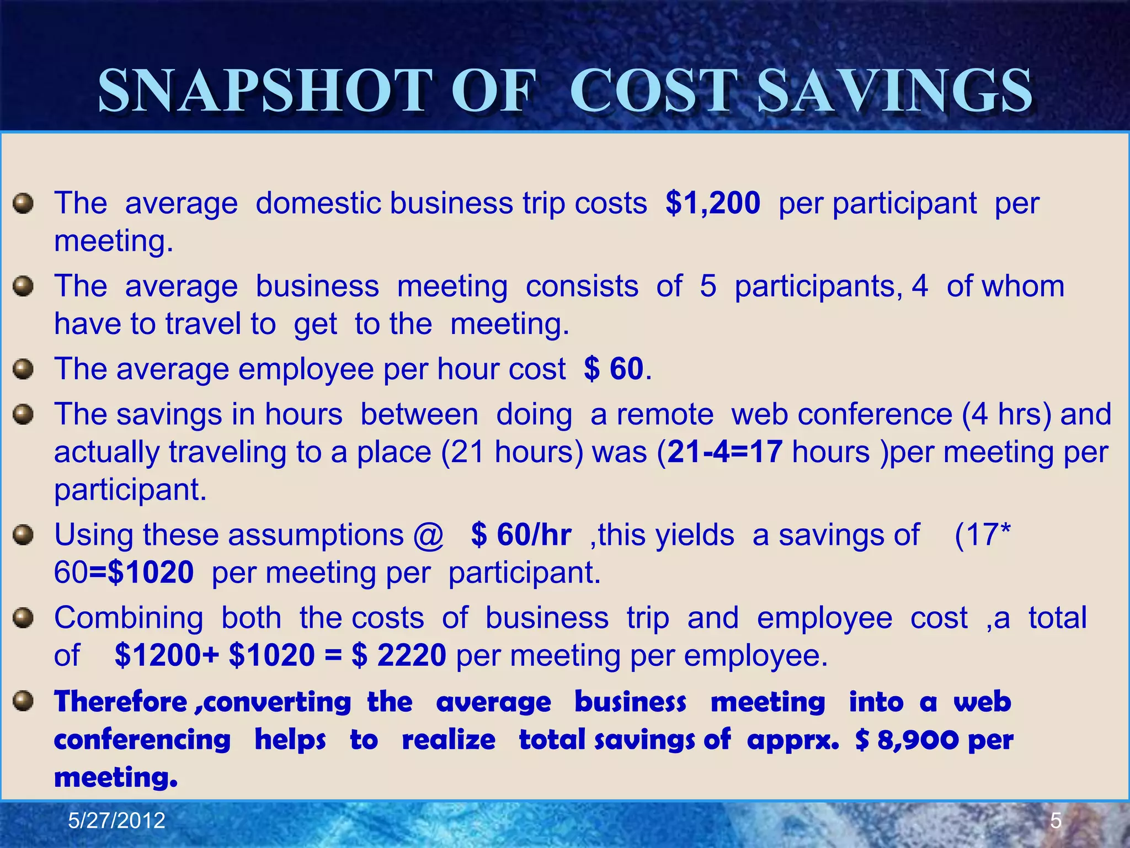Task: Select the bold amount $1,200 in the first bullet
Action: coord(713,203)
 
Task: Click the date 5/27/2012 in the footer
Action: coord(116,821)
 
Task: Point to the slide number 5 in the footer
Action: coord(1056,821)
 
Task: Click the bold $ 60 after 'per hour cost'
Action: coord(614,369)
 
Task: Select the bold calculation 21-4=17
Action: coord(724,452)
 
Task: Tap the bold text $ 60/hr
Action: coord(521,535)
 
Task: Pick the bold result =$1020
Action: coord(141,573)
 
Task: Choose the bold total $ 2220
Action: coord(399,655)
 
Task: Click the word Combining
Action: coord(129,618)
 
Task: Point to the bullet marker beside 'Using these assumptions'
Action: coord(23,535)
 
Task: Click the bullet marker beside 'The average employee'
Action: coord(23,369)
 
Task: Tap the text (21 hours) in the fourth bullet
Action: coord(511,452)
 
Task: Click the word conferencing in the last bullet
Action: coord(142,740)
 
